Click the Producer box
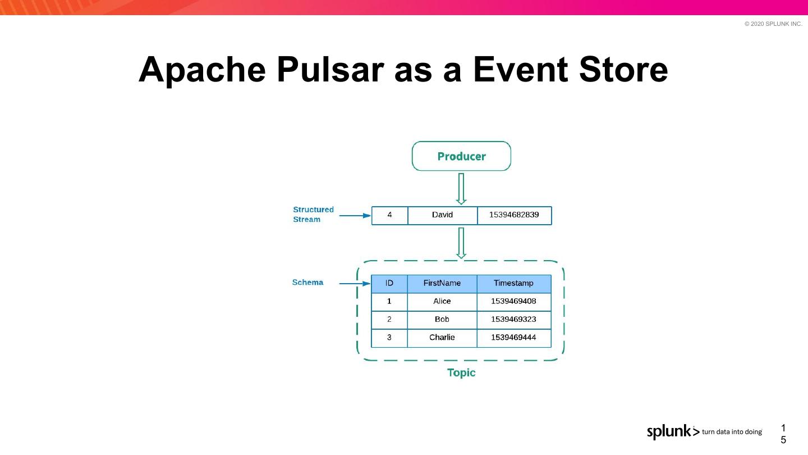click(x=461, y=156)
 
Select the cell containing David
click(x=442, y=215)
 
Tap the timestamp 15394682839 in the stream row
click(x=514, y=215)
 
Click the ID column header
click(x=389, y=283)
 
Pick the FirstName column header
click(x=442, y=283)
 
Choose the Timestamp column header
click(x=513, y=283)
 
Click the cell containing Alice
click(x=442, y=301)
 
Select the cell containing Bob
click(x=442, y=319)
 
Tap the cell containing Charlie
click(x=442, y=338)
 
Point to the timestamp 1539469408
click(x=513, y=301)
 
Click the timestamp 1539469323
click(x=513, y=319)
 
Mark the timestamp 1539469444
click(x=513, y=338)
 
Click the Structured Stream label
click(x=313, y=215)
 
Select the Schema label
click(x=307, y=283)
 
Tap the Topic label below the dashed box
click(x=461, y=373)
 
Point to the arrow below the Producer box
click(x=461, y=188)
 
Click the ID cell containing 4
click(x=389, y=215)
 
